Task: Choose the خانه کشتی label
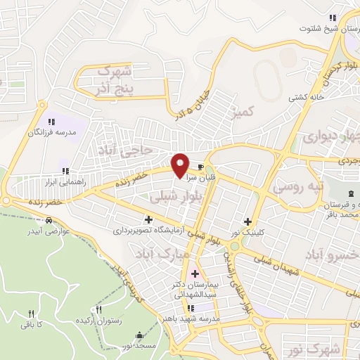coord(304,98)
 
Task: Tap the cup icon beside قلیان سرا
coord(202,167)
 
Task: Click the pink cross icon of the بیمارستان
coord(195,273)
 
